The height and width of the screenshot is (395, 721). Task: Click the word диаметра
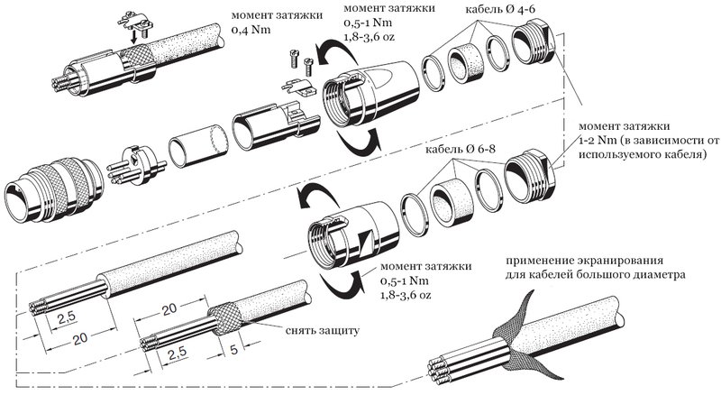point(658,272)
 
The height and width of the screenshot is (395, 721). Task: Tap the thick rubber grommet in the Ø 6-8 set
point(452,195)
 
